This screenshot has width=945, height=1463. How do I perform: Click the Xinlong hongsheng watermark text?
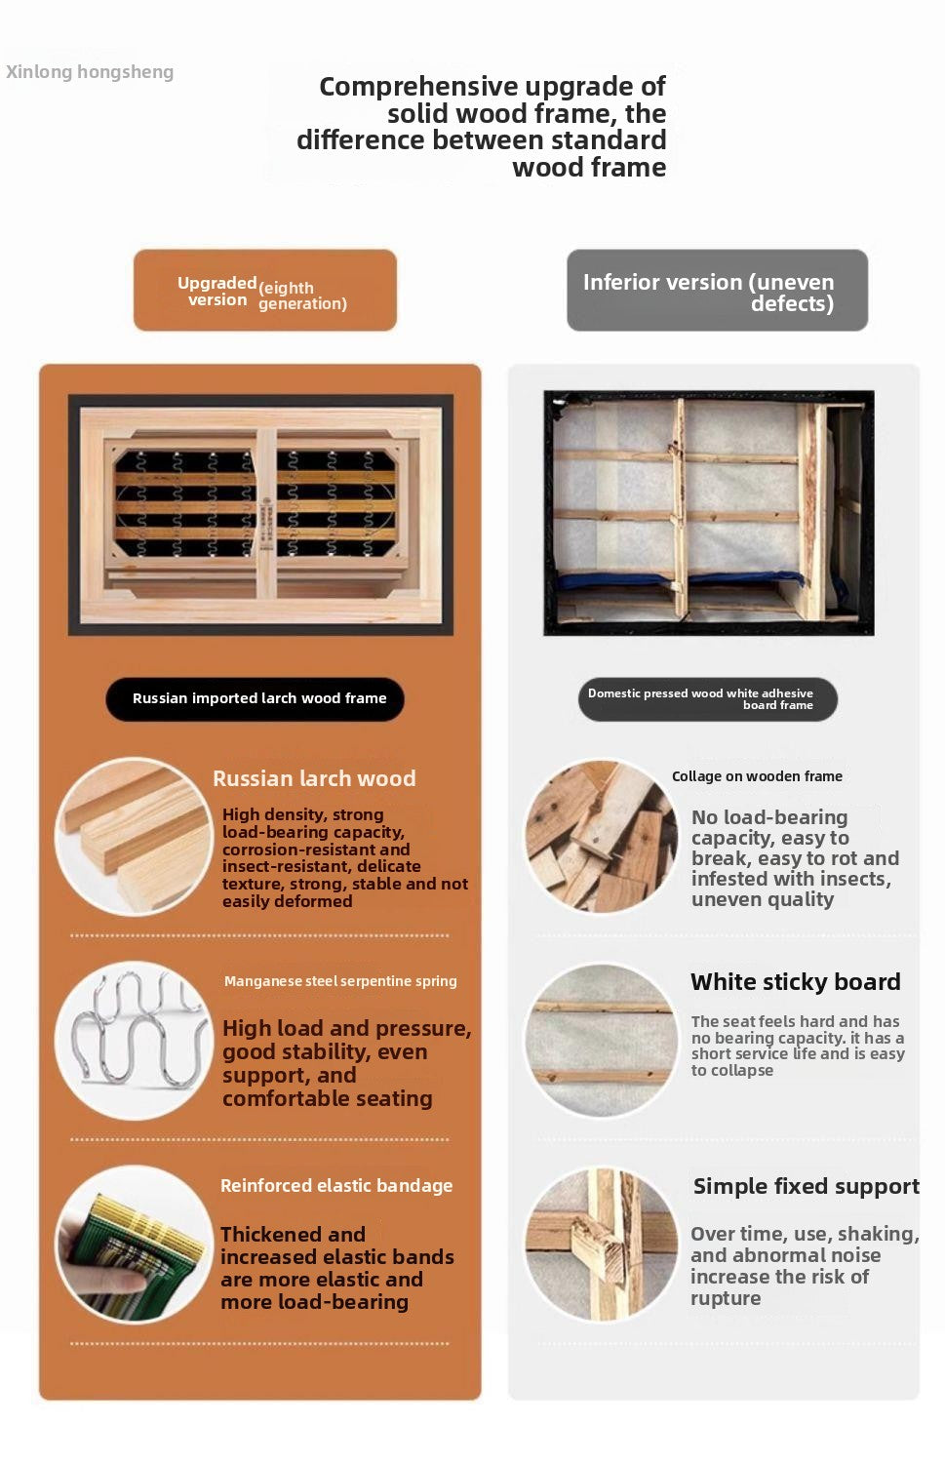coord(90,72)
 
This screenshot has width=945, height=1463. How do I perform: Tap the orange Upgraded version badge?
coord(265,290)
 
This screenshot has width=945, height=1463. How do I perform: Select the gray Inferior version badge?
coord(717,290)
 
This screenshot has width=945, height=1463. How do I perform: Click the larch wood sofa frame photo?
coord(260,515)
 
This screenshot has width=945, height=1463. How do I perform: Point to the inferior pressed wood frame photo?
coord(709,513)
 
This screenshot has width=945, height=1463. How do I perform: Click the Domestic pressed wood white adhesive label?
coord(708,699)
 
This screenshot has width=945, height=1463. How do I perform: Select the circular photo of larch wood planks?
coord(135,837)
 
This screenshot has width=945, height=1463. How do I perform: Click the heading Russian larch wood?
coord(314,778)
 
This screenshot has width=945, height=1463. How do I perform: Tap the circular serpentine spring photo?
coord(135,1041)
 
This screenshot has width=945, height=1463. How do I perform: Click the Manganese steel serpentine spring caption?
coord(340,981)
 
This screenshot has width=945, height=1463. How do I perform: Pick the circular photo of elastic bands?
coord(135,1245)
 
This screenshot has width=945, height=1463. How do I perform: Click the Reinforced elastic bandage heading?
coord(336,1185)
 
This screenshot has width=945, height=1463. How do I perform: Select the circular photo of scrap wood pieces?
coord(602,837)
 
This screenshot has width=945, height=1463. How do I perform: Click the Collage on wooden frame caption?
coord(757,776)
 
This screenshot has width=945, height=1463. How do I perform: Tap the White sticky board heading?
coord(796,981)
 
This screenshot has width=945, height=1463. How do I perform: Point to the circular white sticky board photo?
coord(602,1041)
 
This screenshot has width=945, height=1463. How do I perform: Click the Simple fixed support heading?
coord(807,1186)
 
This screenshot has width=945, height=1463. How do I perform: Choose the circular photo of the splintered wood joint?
coord(602,1245)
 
